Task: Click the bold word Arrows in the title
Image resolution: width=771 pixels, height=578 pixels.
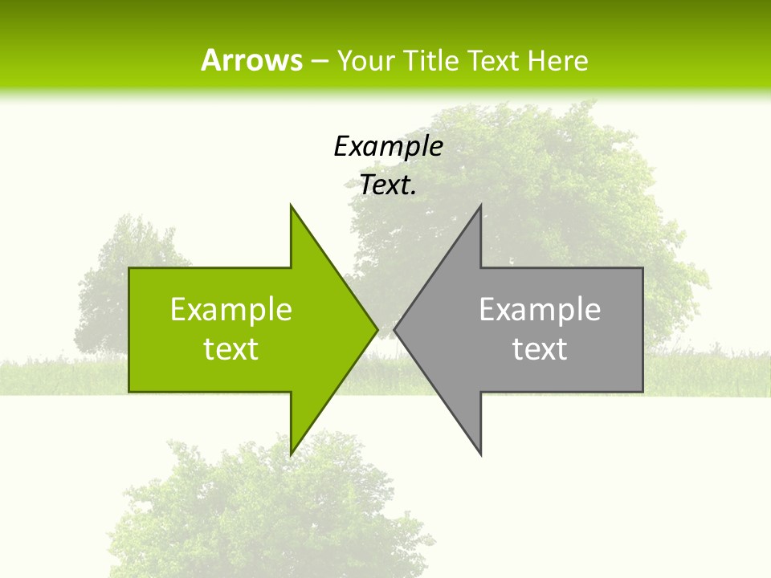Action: pos(251,60)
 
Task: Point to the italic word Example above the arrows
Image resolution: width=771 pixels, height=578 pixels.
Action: pos(388,146)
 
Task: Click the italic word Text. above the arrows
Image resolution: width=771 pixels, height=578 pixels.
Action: pos(388,185)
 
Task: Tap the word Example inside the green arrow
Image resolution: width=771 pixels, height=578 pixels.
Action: pos(231,310)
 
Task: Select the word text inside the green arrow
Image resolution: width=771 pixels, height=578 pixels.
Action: pos(231,349)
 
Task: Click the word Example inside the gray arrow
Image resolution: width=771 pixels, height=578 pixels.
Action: pos(540,310)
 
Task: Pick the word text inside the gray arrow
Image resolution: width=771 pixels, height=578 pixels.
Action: pos(540,349)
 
